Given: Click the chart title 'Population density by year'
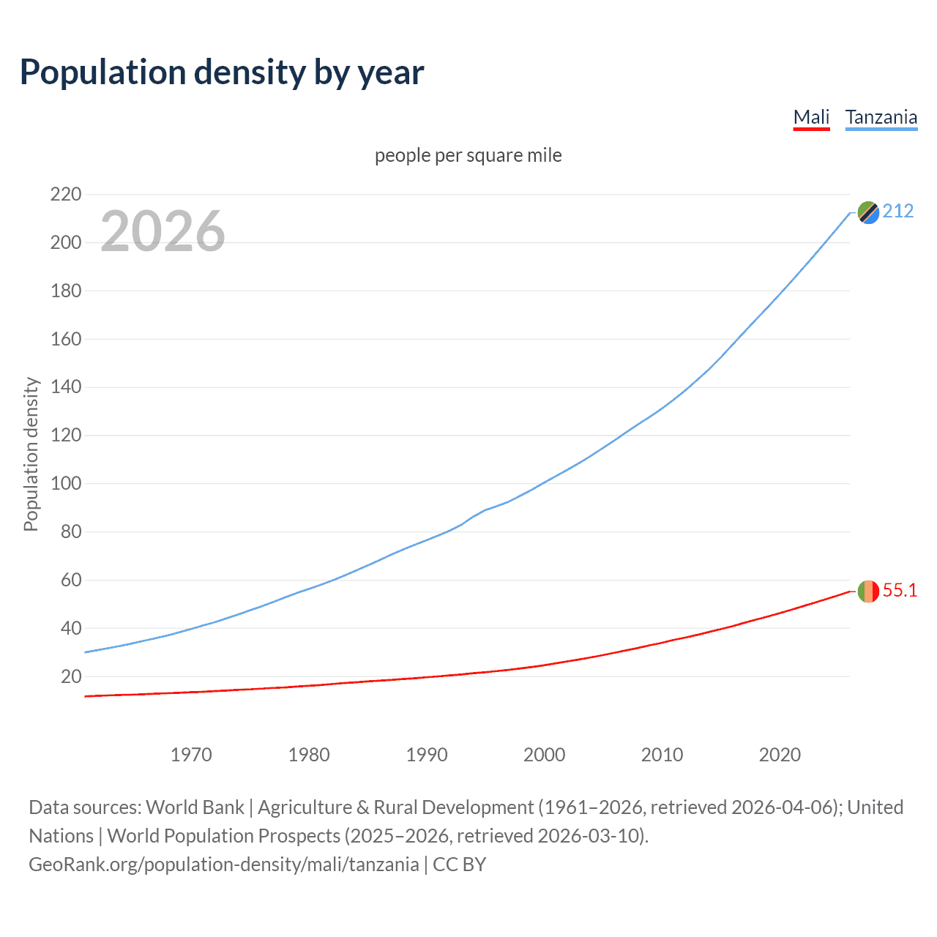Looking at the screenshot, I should [221, 72].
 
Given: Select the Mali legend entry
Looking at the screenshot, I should [811, 117].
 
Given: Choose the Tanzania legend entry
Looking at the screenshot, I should [881, 117].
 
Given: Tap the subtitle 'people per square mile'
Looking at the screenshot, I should [468, 155].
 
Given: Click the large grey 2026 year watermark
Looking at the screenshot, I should [163, 231].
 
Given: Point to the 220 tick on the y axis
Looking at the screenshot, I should [65, 195].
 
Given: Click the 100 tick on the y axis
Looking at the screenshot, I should [65, 484].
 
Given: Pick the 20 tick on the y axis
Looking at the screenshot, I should [71, 676].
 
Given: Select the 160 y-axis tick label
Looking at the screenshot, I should [65, 339].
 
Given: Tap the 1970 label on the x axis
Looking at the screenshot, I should [191, 755].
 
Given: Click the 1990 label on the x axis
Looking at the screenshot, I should [427, 755].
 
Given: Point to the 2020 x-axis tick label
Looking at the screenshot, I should [780, 755].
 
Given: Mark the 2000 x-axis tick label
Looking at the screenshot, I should [544, 755].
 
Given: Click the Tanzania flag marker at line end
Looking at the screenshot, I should [868, 212].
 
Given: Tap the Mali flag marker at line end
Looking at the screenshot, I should [868, 591].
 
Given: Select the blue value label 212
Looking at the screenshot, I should [897, 212].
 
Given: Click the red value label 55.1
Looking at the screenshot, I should [900, 591].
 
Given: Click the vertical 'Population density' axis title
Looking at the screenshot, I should [31, 454].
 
